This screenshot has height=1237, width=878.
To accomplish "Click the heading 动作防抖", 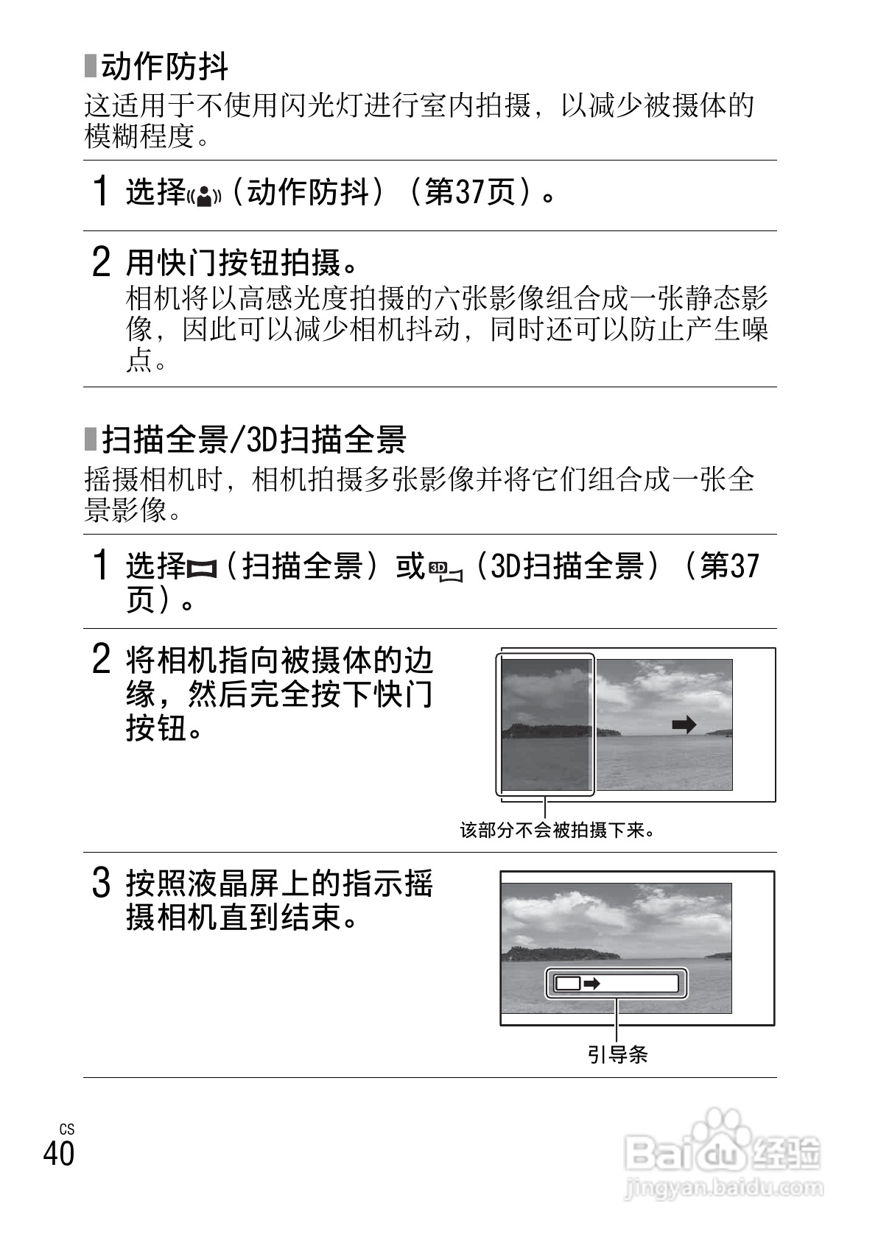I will pyautogui.click(x=164, y=68).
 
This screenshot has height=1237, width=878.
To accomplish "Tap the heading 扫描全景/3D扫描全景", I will pyautogui.click(x=253, y=440).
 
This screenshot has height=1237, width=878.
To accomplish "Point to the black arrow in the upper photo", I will pyautogui.click(x=684, y=725).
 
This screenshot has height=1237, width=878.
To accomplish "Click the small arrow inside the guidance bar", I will pyautogui.click(x=591, y=983).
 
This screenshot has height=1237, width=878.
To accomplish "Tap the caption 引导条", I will pyautogui.click(x=617, y=1054).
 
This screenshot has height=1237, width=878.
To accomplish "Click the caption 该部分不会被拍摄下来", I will pyautogui.click(x=558, y=831).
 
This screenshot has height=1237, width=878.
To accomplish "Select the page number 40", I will pyautogui.click(x=59, y=1154).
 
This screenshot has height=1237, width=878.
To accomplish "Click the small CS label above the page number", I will pyautogui.click(x=67, y=1129).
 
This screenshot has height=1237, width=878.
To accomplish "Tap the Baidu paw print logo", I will pyautogui.click(x=712, y=1135).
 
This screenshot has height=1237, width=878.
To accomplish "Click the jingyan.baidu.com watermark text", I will pyautogui.click(x=723, y=1187).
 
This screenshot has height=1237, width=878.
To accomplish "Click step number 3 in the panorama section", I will pyautogui.click(x=101, y=884).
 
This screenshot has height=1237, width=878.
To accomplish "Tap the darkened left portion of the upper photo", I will pyautogui.click(x=546, y=725).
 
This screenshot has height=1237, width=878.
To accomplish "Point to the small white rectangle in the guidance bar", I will pyautogui.click(x=568, y=983).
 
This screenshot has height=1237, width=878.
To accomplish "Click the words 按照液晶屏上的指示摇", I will pyautogui.click(x=280, y=884).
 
